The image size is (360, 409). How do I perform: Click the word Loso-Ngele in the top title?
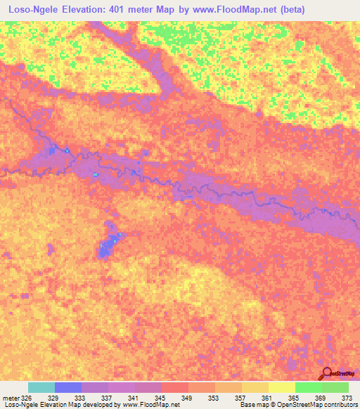pos(32,9)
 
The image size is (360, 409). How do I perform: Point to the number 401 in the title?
pos(133,9)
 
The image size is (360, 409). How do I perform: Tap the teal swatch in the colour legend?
pos(41,387)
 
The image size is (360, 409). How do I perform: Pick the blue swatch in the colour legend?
pos(68,387)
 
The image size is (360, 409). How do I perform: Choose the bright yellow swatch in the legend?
pos(282,387)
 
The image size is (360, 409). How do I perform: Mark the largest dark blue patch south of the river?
pos(108,246)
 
